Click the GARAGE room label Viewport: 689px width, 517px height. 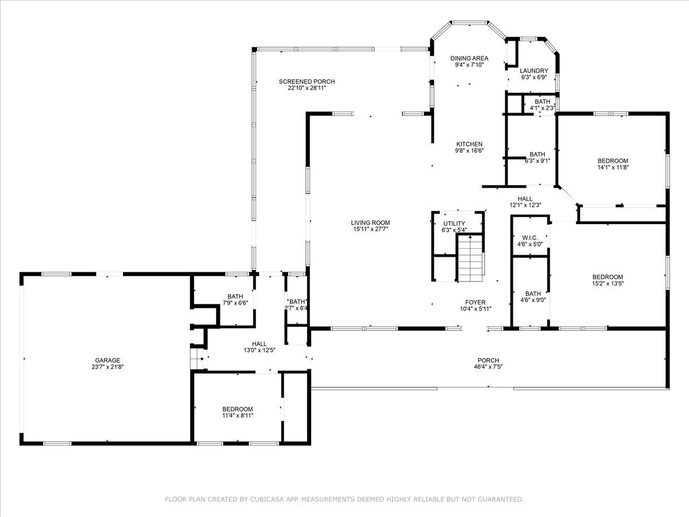coord(108,360)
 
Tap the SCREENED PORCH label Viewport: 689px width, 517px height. coord(307,82)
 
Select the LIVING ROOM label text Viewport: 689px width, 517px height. coord(370,223)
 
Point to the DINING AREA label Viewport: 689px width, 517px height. coord(469,59)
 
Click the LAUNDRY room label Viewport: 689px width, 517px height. coord(533,71)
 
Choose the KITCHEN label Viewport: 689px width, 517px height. coord(469,144)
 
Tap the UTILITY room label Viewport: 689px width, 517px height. coord(454,223)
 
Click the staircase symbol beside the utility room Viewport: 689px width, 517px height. coord(470,258)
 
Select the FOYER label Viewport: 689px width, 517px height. coord(475,302)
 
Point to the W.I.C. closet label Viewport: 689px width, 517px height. coord(530,238)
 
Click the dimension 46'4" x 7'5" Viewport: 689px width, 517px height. coord(488,366)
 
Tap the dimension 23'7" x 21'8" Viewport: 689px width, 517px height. coord(108,366)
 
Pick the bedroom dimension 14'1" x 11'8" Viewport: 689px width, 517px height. coord(613,167)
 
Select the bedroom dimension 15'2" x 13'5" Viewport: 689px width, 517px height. coord(607,283)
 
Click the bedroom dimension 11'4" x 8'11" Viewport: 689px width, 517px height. coord(237,415)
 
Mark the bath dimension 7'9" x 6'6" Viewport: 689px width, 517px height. coord(235,303)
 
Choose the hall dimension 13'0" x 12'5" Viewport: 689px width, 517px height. coord(260,350)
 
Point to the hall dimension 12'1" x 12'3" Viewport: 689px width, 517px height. coord(525,205)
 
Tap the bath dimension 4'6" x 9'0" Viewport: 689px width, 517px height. coord(533,300)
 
